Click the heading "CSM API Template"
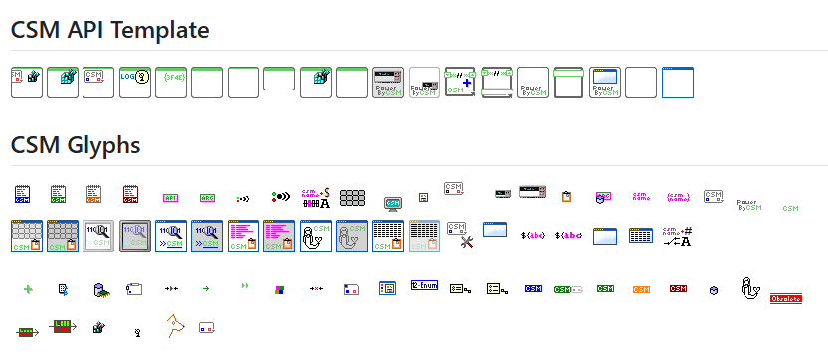pos(109,30)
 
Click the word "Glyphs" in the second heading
pos(106,145)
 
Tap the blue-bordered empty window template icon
pos(678,82)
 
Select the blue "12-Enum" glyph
pos(424,286)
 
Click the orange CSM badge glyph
pos(641,289)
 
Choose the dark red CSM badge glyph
pos(678,289)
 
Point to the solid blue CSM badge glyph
pos(533,289)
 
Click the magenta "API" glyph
pos(170,197)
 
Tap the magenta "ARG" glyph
pos(207,197)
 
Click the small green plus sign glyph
pos(28,289)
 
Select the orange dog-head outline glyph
pos(176,324)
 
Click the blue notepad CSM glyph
pos(26,193)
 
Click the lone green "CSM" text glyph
pos(791,208)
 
